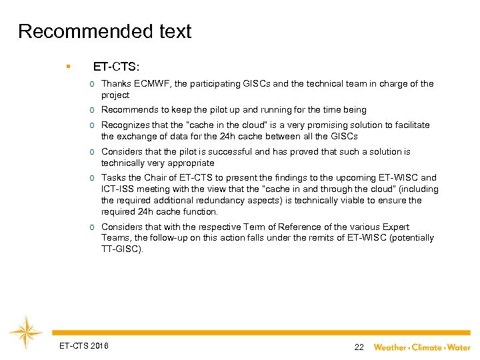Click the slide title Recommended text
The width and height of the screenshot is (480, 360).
point(105,31)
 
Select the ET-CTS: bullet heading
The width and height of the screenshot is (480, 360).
point(116,67)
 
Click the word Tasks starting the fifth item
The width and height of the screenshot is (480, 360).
point(113,178)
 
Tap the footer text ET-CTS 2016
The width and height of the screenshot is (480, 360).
point(84,345)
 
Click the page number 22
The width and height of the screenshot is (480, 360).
point(359,347)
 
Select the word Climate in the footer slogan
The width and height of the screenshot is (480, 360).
point(427,347)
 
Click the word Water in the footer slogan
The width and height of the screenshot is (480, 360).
point(459,347)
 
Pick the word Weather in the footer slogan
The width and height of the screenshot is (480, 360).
point(391,347)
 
